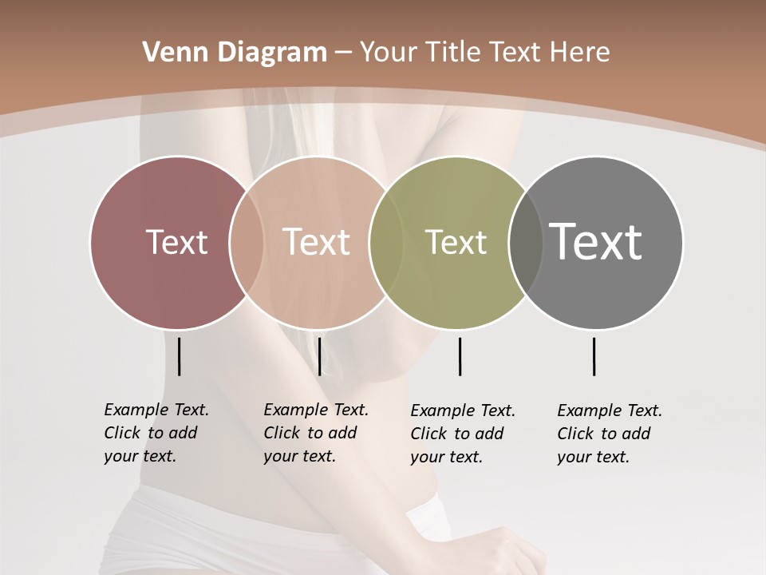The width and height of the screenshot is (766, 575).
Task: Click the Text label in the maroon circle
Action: click(x=176, y=242)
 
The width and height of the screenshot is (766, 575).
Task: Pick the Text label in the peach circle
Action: click(x=317, y=242)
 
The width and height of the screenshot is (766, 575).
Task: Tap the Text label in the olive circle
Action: click(x=456, y=242)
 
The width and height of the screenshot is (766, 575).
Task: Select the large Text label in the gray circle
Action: click(x=595, y=242)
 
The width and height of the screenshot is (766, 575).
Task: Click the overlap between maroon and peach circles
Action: click(x=247, y=242)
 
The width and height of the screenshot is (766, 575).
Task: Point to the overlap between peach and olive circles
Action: click(x=386, y=242)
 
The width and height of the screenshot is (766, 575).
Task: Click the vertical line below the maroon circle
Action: click(x=179, y=356)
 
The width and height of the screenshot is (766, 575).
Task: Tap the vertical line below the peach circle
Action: click(x=319, y=356)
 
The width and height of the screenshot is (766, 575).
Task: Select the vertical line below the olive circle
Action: click(x=460, y=356)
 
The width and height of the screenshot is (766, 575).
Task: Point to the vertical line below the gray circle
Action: click(x=594, y=356)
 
